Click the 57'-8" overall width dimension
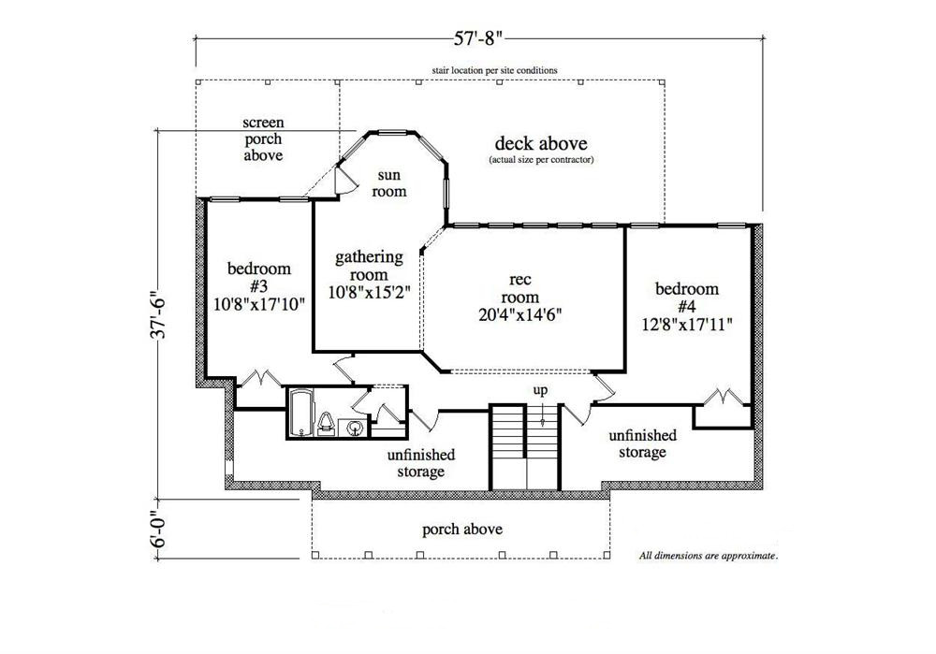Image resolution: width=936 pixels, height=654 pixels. point(478,38)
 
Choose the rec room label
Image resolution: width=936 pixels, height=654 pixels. point(521,295)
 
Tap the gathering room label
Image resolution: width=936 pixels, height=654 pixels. point(369,273)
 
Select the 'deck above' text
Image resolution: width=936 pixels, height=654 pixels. point(541,144)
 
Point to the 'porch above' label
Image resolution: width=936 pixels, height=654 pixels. point(461,530)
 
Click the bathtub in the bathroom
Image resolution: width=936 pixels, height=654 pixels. point(300,414)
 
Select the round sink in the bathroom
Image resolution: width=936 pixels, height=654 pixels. point(355,428)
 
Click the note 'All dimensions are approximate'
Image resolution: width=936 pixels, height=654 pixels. point(709,556)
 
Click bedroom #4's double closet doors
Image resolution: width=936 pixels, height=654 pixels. point(726,396)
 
